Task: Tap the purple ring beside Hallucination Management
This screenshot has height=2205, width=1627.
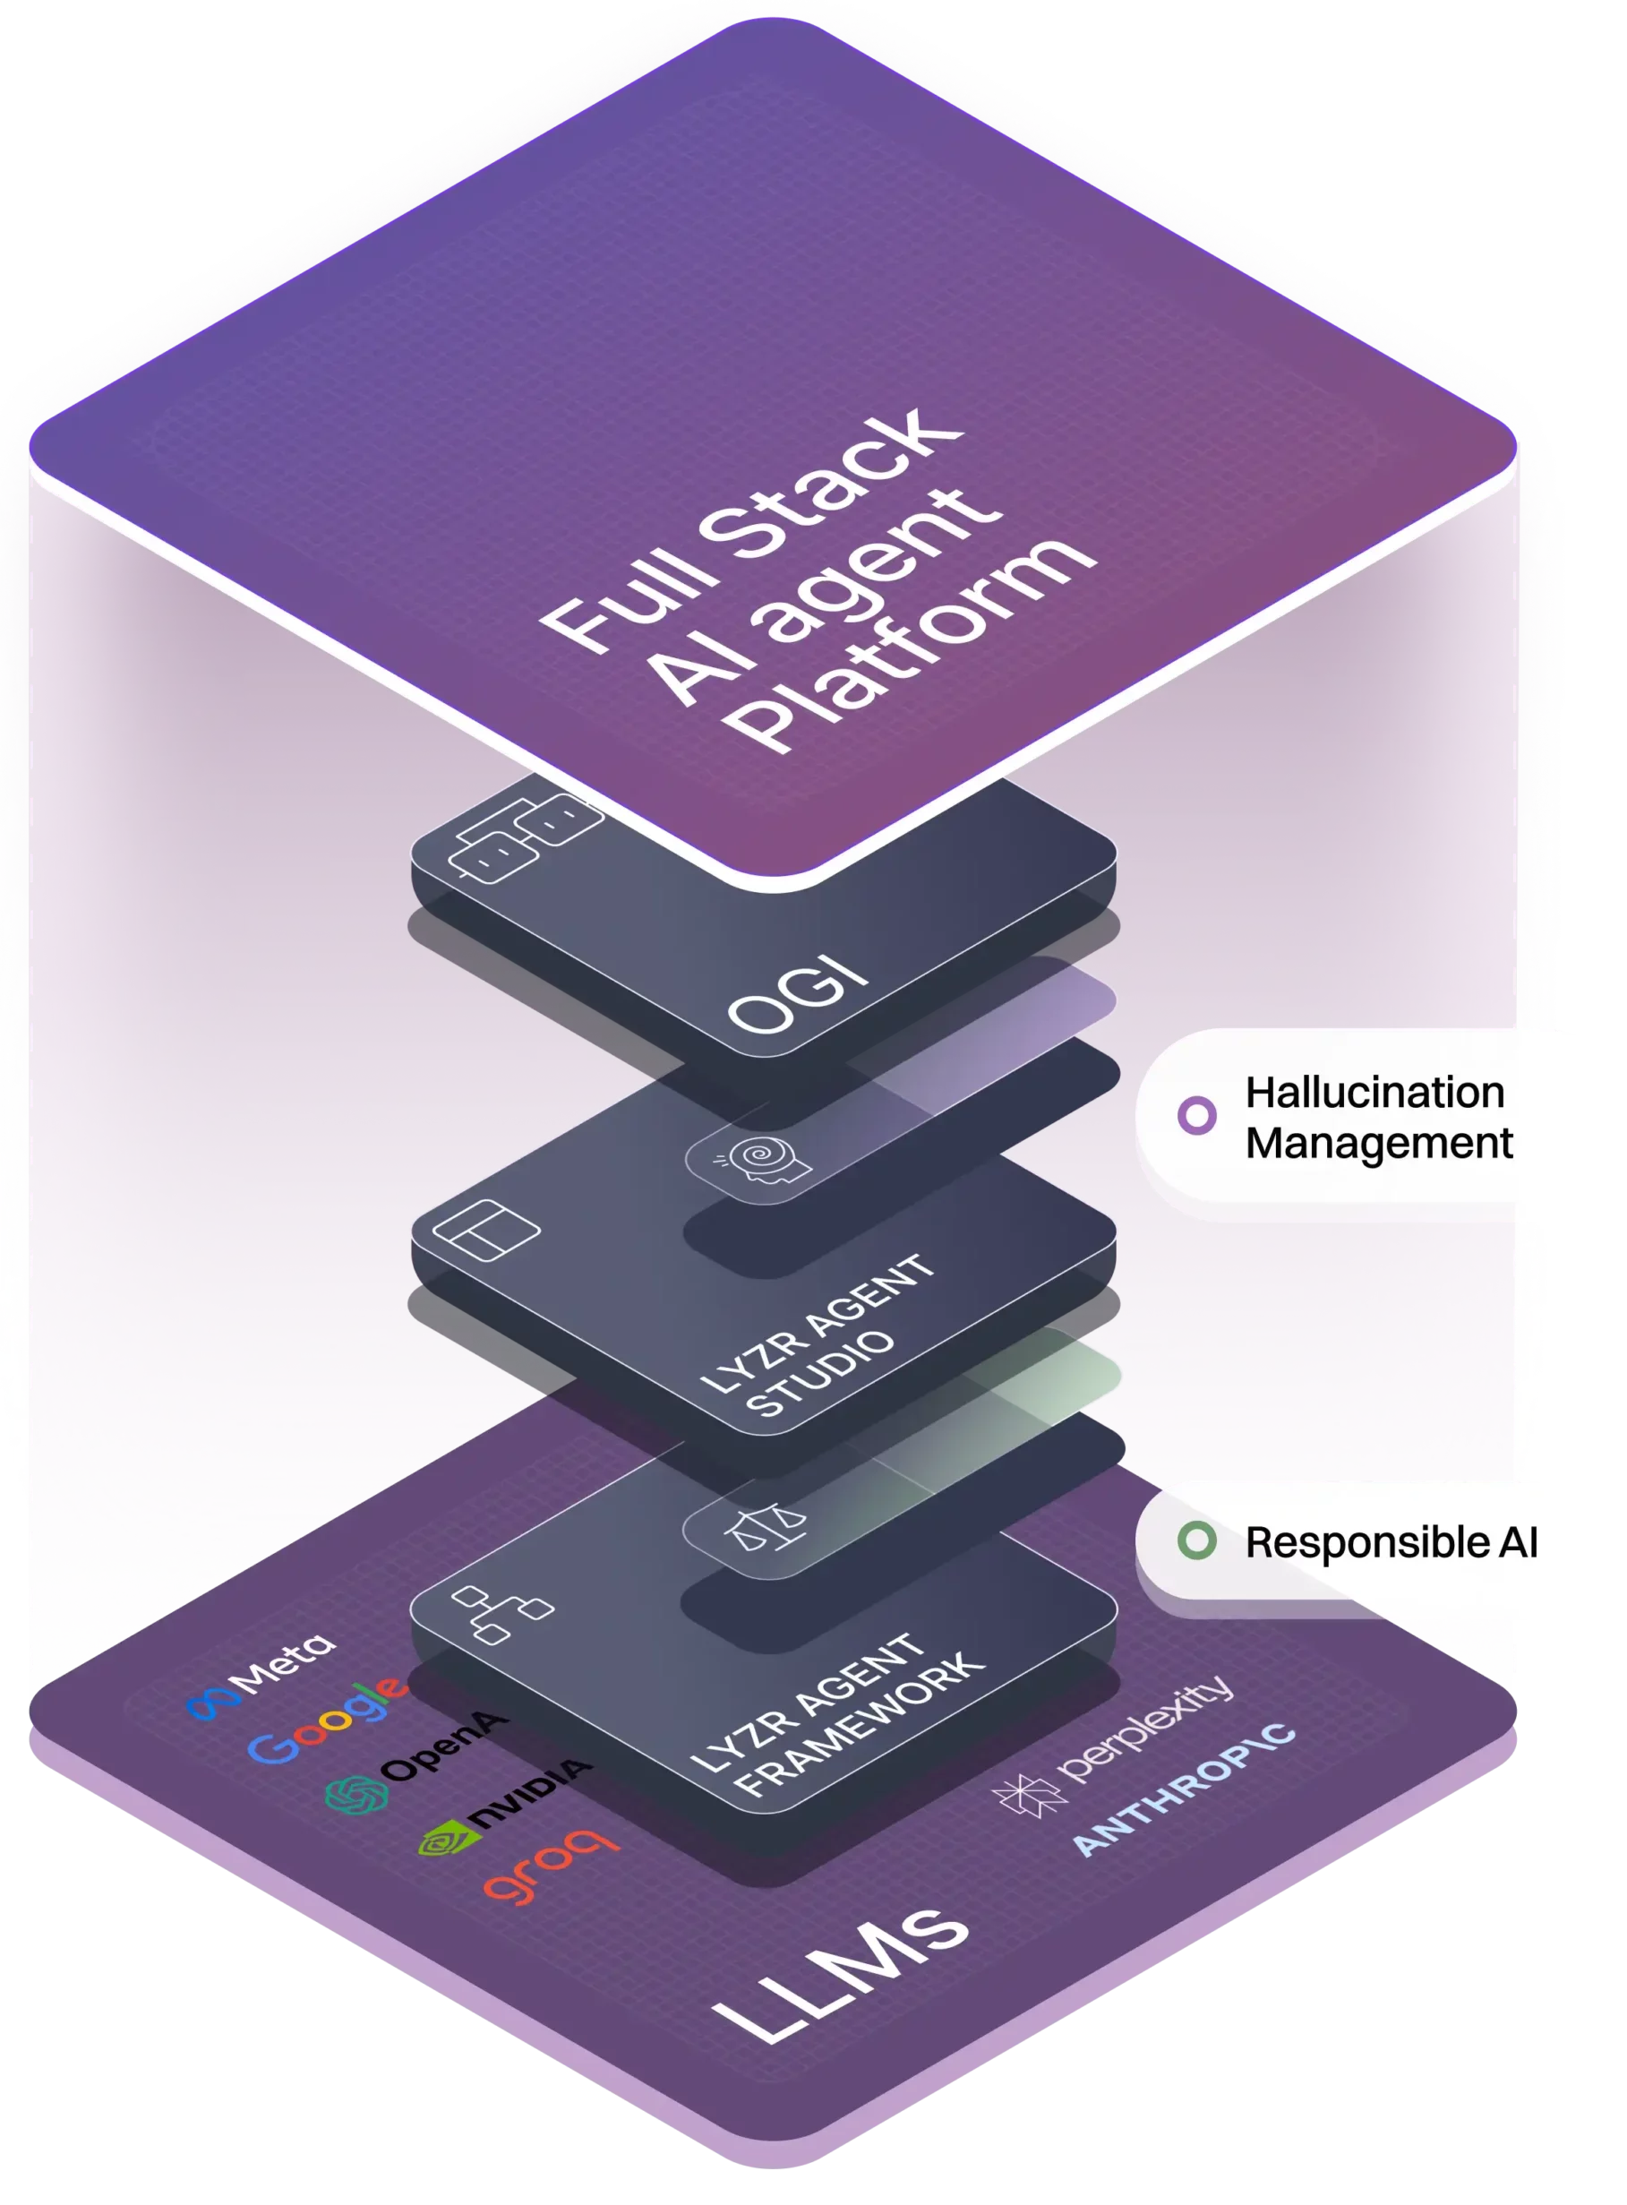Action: [x=1196, y=1115]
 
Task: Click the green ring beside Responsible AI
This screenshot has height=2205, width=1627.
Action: [x=1196, y=1541]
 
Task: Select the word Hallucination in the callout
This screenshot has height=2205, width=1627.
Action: [x=1374, y=1092]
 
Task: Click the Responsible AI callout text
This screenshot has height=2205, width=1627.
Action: [x=1391, y=1542]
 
